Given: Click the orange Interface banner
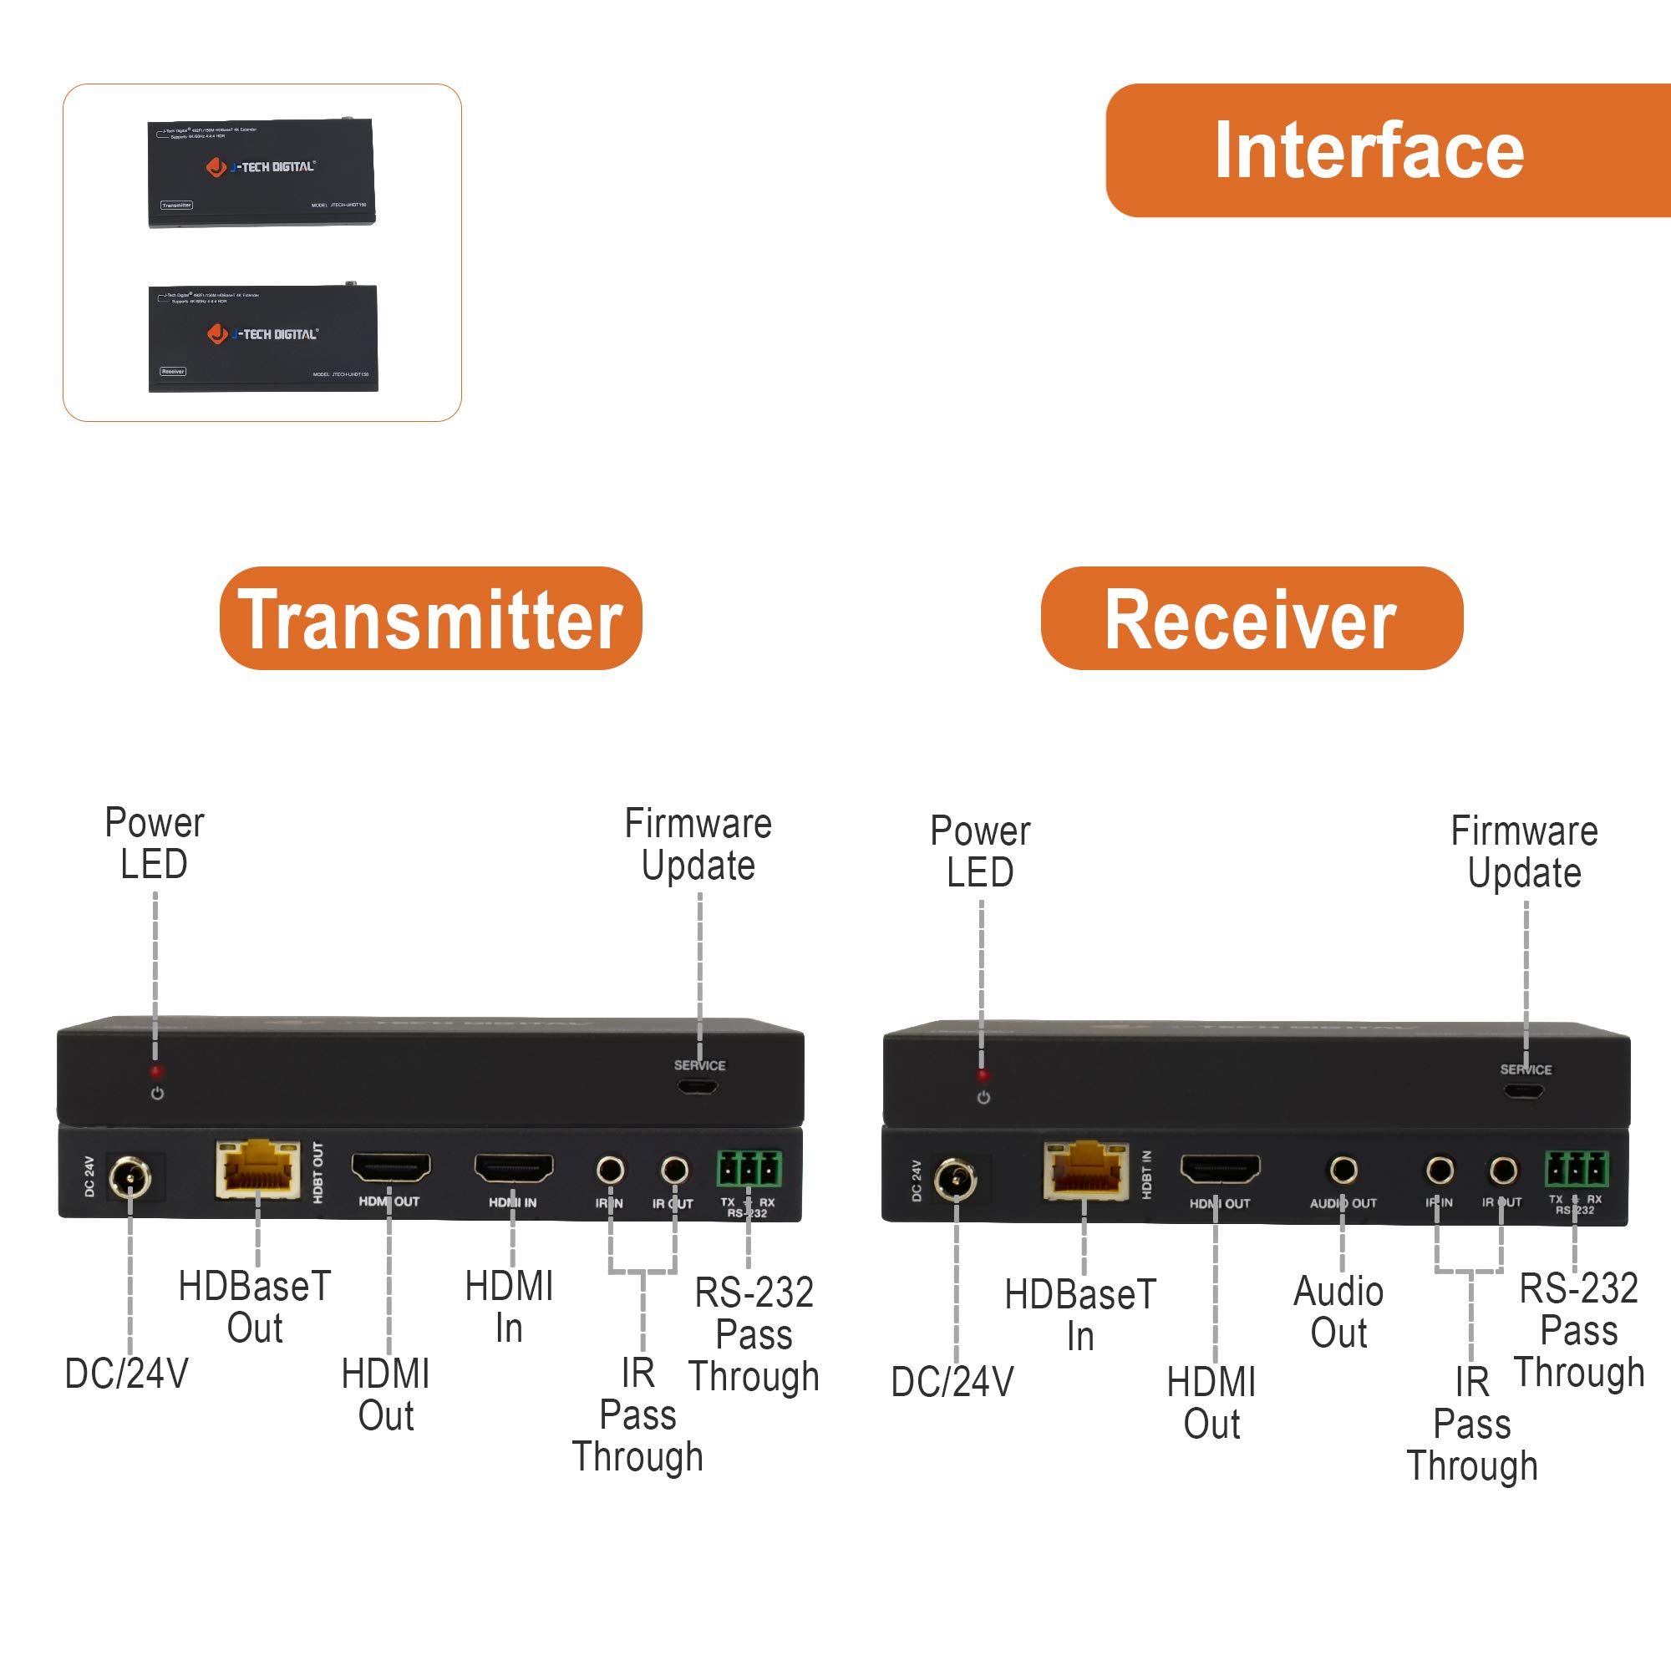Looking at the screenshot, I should [x=1384, y=150].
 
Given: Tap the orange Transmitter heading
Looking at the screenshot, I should [x=431, y=618].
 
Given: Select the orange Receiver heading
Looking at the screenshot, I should [x=1251, y=618].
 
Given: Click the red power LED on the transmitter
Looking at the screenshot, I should [x=156, y=1072].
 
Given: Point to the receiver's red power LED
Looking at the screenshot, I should [x=983, y=1076].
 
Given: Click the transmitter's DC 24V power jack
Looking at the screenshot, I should [x=130, y=1177].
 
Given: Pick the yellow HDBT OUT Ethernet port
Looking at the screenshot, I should [x=257, y=1169].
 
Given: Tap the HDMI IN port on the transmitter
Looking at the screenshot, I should [x=513, y=1169].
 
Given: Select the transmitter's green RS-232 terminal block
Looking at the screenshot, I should [x=748, y=1169].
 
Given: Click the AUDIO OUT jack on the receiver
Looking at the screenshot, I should [x=1343, y=1171].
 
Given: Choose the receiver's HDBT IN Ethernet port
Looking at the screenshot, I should [x=1084, y=1171].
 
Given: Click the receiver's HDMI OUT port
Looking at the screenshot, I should [x=1220, y=1170].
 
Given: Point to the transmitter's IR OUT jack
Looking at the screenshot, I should [x=674, y=1171].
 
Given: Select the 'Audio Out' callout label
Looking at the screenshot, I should [x=1338, y=1312].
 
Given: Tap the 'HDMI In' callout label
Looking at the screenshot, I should [x=509, y=1307].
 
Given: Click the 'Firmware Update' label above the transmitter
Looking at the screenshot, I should [x=698, y=844].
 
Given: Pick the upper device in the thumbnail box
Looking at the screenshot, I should [x=262, y=172].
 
